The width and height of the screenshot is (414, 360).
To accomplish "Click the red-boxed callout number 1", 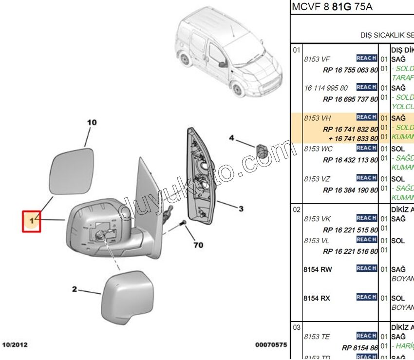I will click(32, 221).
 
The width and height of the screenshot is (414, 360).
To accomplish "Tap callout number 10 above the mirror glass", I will click(92, 123).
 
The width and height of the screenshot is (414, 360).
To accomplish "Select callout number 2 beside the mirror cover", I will click(75, 289).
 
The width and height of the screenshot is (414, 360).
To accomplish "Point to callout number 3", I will click(241, 209).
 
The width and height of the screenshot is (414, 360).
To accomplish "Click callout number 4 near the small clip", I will click(232, 138).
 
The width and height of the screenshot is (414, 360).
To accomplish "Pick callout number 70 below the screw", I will click(198, 245).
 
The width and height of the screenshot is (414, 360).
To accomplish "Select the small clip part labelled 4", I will click(262, 151).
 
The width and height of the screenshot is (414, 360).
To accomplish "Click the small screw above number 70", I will click(183, 223).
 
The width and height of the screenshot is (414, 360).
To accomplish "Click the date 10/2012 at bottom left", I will click(15, 345).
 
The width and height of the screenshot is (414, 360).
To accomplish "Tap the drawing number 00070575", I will click(271, 345).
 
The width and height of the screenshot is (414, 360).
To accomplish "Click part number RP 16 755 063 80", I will click(350, 70).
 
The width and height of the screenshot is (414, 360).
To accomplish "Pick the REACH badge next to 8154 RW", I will click(366, 268).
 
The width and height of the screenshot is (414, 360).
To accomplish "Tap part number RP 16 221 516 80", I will click(350, 251).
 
